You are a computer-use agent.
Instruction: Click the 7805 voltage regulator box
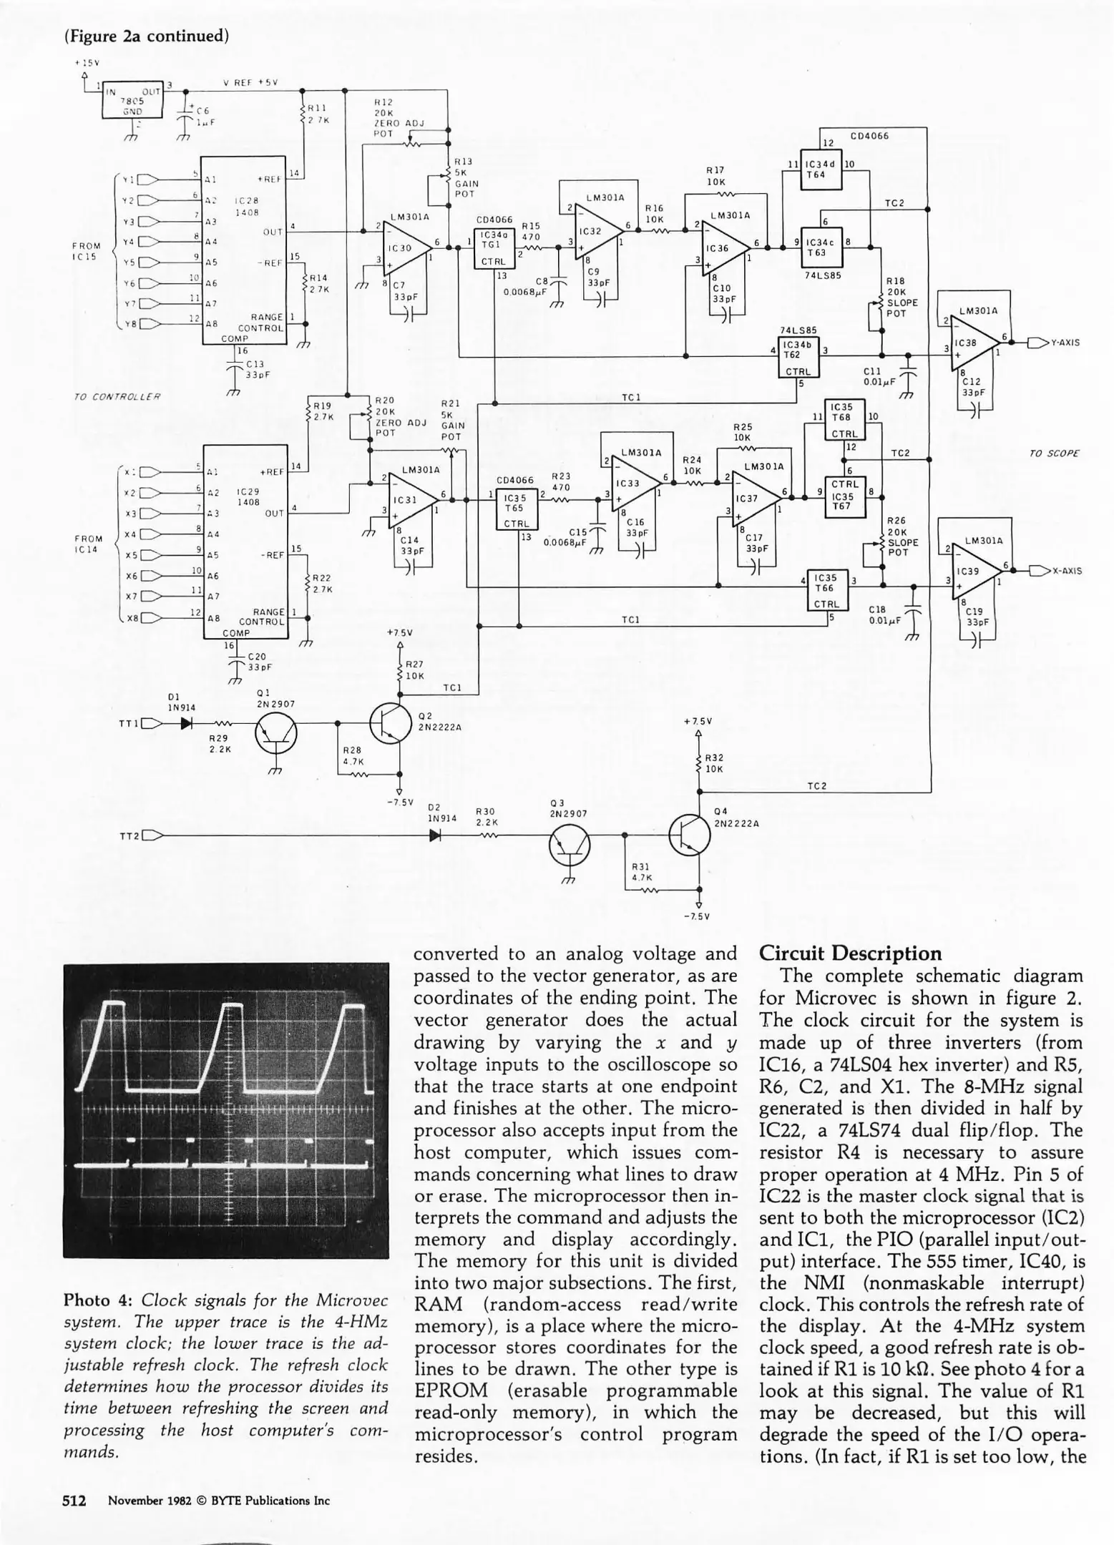[x=133, y=101]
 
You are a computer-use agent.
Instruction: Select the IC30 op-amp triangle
[x=405, y=247]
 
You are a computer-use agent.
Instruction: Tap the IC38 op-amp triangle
[x=973, y=343]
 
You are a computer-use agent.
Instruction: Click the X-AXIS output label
[x=1066, y=571]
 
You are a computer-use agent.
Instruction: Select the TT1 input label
[x=129, y=723]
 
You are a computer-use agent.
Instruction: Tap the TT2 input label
[x=129, y=835]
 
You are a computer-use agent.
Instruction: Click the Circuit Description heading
[x=850, y=953]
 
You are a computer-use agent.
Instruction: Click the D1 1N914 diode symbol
[x=187, y=723]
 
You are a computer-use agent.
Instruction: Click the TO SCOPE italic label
[x=1054, y=453]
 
